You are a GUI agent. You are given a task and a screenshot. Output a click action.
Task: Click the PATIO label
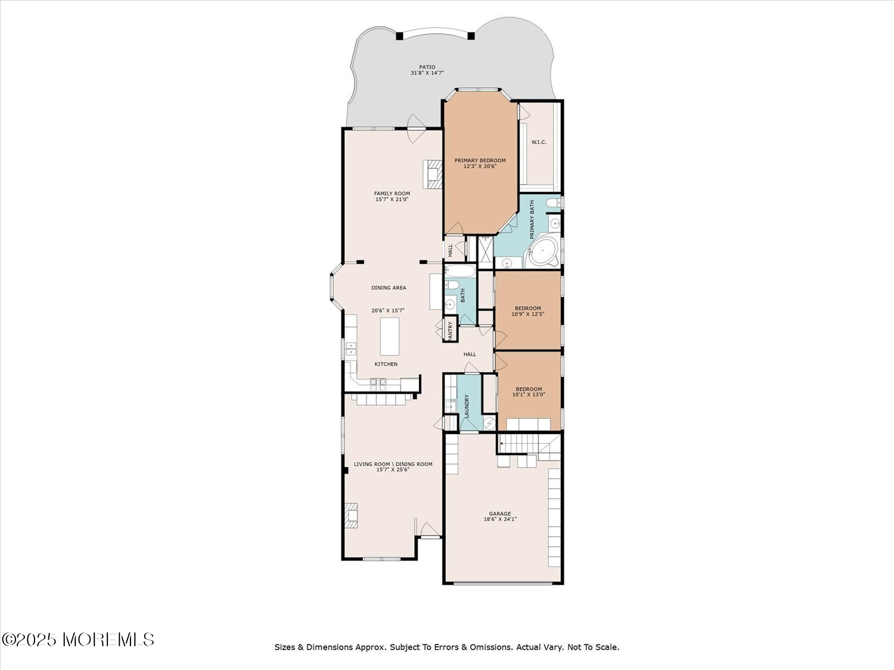click(427, 67)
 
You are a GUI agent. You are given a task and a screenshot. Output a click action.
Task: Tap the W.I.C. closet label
click(539, 142)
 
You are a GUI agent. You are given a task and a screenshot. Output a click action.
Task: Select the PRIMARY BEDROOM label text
click(480, 161)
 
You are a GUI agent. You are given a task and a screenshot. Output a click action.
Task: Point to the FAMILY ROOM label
click(392, 194)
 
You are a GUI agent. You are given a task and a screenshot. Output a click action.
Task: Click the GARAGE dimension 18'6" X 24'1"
click(500, 519)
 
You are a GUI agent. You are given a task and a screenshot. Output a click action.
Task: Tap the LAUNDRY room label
click(467, 406)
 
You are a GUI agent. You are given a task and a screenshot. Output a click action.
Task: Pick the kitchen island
click(390, 336)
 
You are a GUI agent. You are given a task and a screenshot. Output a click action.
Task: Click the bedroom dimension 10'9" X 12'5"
click(528, 314)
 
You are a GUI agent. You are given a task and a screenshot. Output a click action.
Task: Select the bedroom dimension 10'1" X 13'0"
click(529, 394)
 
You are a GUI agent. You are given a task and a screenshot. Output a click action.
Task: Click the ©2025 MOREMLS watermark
click(78, 640)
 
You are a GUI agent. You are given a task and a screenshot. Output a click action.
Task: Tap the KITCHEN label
click(386, 364)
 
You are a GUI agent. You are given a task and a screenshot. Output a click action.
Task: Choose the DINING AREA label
click(389, 288)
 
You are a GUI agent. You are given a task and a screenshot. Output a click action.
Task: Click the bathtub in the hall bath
click(460, 272)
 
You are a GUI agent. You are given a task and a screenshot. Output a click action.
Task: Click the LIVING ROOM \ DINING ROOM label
click(393, 464)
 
